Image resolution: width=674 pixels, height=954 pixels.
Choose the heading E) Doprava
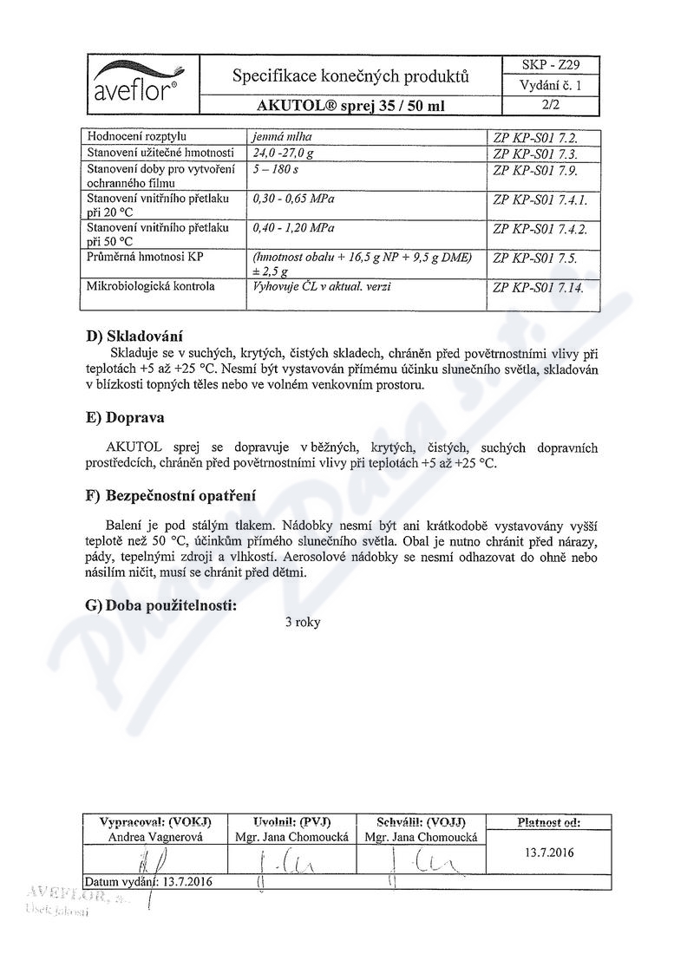point(126,416)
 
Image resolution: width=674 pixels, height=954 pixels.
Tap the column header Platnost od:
point(547,821)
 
